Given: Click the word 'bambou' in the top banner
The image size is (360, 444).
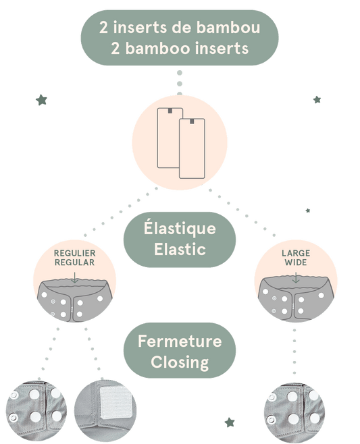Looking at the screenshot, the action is (x=228, y=28).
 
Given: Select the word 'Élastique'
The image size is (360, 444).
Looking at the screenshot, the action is (x=180, y=227).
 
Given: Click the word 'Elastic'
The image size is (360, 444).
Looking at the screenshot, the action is (x=180, y=249).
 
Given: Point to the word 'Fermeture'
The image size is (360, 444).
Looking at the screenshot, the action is (x=180, y=341).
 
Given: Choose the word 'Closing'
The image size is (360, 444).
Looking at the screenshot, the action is (x=180, y=363).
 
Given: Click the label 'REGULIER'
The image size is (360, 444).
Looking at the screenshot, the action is (x=75, y=253).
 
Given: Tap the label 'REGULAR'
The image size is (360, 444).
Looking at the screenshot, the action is (x=75, y=262).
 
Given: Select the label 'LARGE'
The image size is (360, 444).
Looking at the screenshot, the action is (x=296, y=253).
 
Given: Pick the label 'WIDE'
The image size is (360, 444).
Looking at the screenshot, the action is (x=296, y=262).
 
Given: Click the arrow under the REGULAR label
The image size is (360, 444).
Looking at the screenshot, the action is (x=74, y=277).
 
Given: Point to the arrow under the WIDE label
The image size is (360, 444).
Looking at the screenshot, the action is (x=296, y=277).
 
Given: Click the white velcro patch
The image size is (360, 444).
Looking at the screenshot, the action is (x=115, y=402).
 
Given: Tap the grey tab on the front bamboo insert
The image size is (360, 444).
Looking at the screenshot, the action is (x=192, y=121).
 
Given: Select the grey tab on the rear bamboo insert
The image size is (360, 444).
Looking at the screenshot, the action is (x=170, y=111).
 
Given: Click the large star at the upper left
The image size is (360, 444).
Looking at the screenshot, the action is (x=42, y=100).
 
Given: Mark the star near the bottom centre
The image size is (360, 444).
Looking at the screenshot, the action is (x=230, y=422).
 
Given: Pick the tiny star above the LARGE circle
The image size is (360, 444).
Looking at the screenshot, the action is (x=308, y=211).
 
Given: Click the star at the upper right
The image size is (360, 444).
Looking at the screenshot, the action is (x=317, y=100).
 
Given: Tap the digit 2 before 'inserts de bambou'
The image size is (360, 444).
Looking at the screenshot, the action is (x=103, y=28).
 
